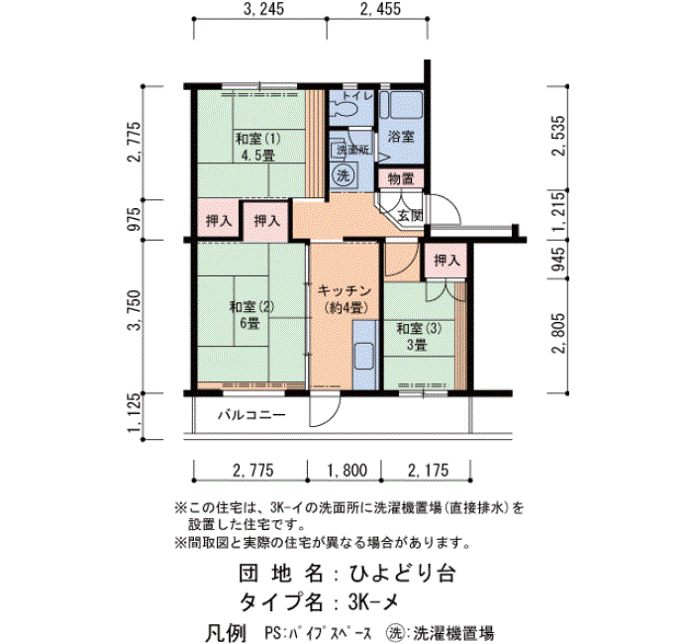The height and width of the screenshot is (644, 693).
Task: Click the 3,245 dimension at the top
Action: (264, 9)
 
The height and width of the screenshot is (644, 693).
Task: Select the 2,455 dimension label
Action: (380, 9)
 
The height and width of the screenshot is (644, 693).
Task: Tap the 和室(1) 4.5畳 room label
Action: (258, 148)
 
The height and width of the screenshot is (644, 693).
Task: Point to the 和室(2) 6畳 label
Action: (251, 314)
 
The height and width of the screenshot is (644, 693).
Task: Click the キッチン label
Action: (345, 290)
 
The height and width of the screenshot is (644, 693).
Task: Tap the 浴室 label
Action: (400, 137)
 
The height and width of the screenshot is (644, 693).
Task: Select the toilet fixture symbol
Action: (346, 107)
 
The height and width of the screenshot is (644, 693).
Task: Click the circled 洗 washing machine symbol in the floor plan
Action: (343, 175)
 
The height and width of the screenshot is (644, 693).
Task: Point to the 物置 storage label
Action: (401, 179)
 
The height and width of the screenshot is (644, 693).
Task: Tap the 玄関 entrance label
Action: (410, 215)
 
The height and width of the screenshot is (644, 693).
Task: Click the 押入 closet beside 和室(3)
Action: (446, 260)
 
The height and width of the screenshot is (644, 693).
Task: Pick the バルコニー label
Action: (251, 415)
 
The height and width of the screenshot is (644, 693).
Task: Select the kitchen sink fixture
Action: (365, 355)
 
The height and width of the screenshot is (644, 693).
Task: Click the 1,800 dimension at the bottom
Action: (346, 471)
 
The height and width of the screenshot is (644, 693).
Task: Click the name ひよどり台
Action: (403, 574)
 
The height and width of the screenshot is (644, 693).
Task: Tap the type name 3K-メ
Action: (373, 601)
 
